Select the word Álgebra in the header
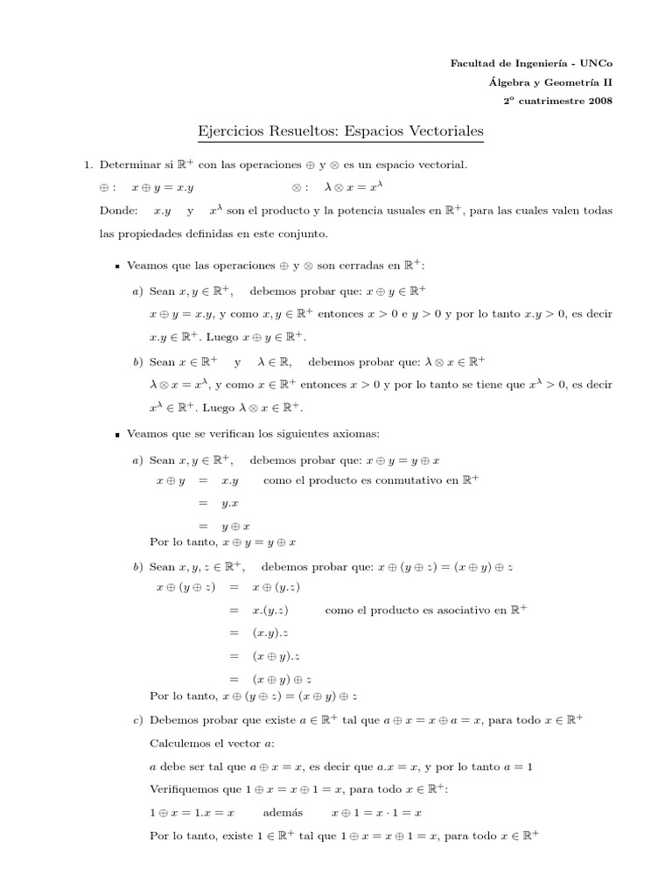509,82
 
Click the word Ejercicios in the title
230,132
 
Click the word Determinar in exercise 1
129,164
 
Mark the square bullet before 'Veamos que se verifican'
117,434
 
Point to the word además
283,813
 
